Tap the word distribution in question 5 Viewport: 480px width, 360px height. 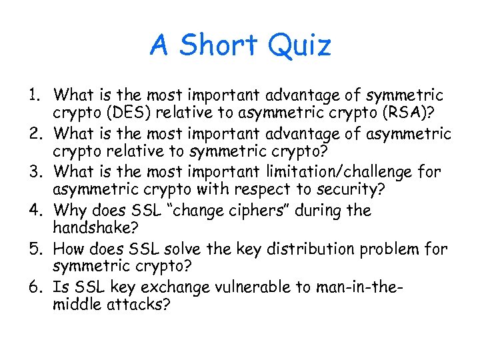point(294,249)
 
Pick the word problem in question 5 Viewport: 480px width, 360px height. point(385,249)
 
